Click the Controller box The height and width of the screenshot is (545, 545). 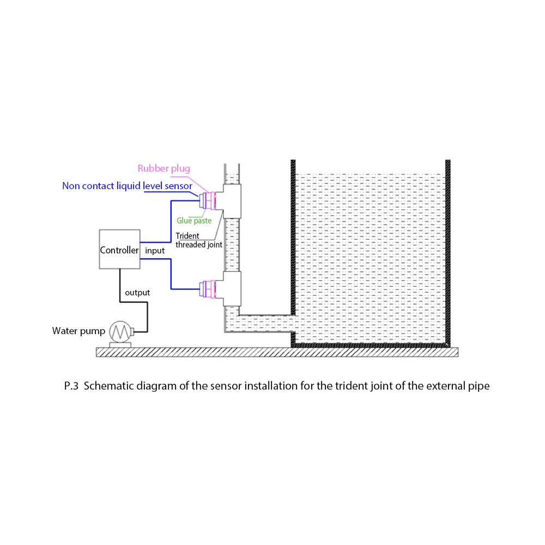click(119, 250)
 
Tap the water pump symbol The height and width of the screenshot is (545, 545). click(120, 331)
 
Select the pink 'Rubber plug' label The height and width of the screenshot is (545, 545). click(163, 169)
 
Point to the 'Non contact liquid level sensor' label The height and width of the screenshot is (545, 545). click(127, 186)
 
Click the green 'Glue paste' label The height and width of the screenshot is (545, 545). click(194, 221)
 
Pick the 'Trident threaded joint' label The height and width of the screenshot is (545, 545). click(198, 240)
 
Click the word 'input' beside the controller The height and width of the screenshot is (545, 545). click(155, 251)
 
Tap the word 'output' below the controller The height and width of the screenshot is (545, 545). click(137, 293)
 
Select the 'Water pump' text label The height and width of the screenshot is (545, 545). click(78, 331)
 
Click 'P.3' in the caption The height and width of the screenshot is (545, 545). click(72, 386)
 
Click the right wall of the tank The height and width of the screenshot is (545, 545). click(448, 251)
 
